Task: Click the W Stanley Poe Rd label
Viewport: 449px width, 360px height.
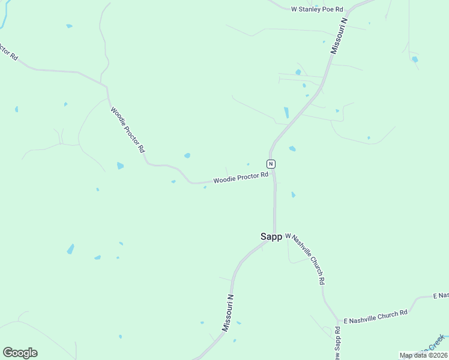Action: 316,9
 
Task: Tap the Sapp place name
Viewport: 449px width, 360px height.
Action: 271,236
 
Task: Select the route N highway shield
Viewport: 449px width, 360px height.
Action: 271,164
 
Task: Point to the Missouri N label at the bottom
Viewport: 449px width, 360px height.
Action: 228,312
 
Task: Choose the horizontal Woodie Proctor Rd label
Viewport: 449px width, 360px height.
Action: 240,178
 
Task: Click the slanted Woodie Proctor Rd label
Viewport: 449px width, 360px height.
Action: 127,129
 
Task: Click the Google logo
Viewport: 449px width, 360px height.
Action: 20,353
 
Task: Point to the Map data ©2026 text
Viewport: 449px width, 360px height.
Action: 424,355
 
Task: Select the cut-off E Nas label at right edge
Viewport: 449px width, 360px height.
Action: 441,296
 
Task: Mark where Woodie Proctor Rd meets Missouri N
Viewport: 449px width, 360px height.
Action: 273,173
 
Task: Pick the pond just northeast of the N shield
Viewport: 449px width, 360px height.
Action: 292,148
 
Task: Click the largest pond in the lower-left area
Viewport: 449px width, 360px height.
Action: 71,248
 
